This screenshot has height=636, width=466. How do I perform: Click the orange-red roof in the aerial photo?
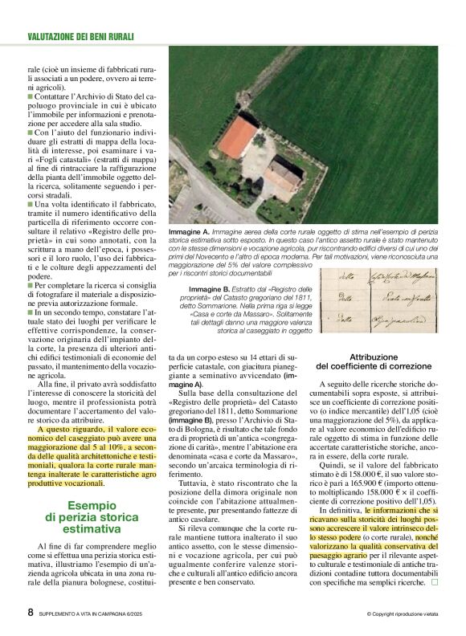click(x=239, y=137)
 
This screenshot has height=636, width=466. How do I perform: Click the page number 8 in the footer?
click(x=30, y=612)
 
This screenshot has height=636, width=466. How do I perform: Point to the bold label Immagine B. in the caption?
click(x=211, y=288)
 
